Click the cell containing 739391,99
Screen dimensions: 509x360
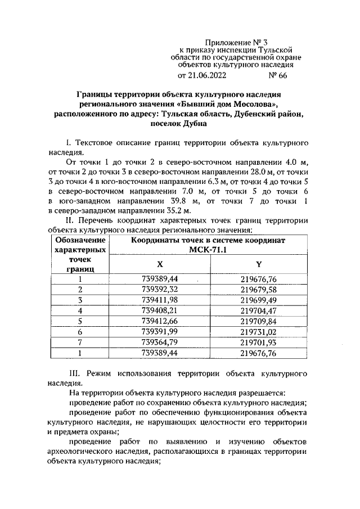tap(159, 332)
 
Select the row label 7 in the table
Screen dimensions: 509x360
tap(80, 343)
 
